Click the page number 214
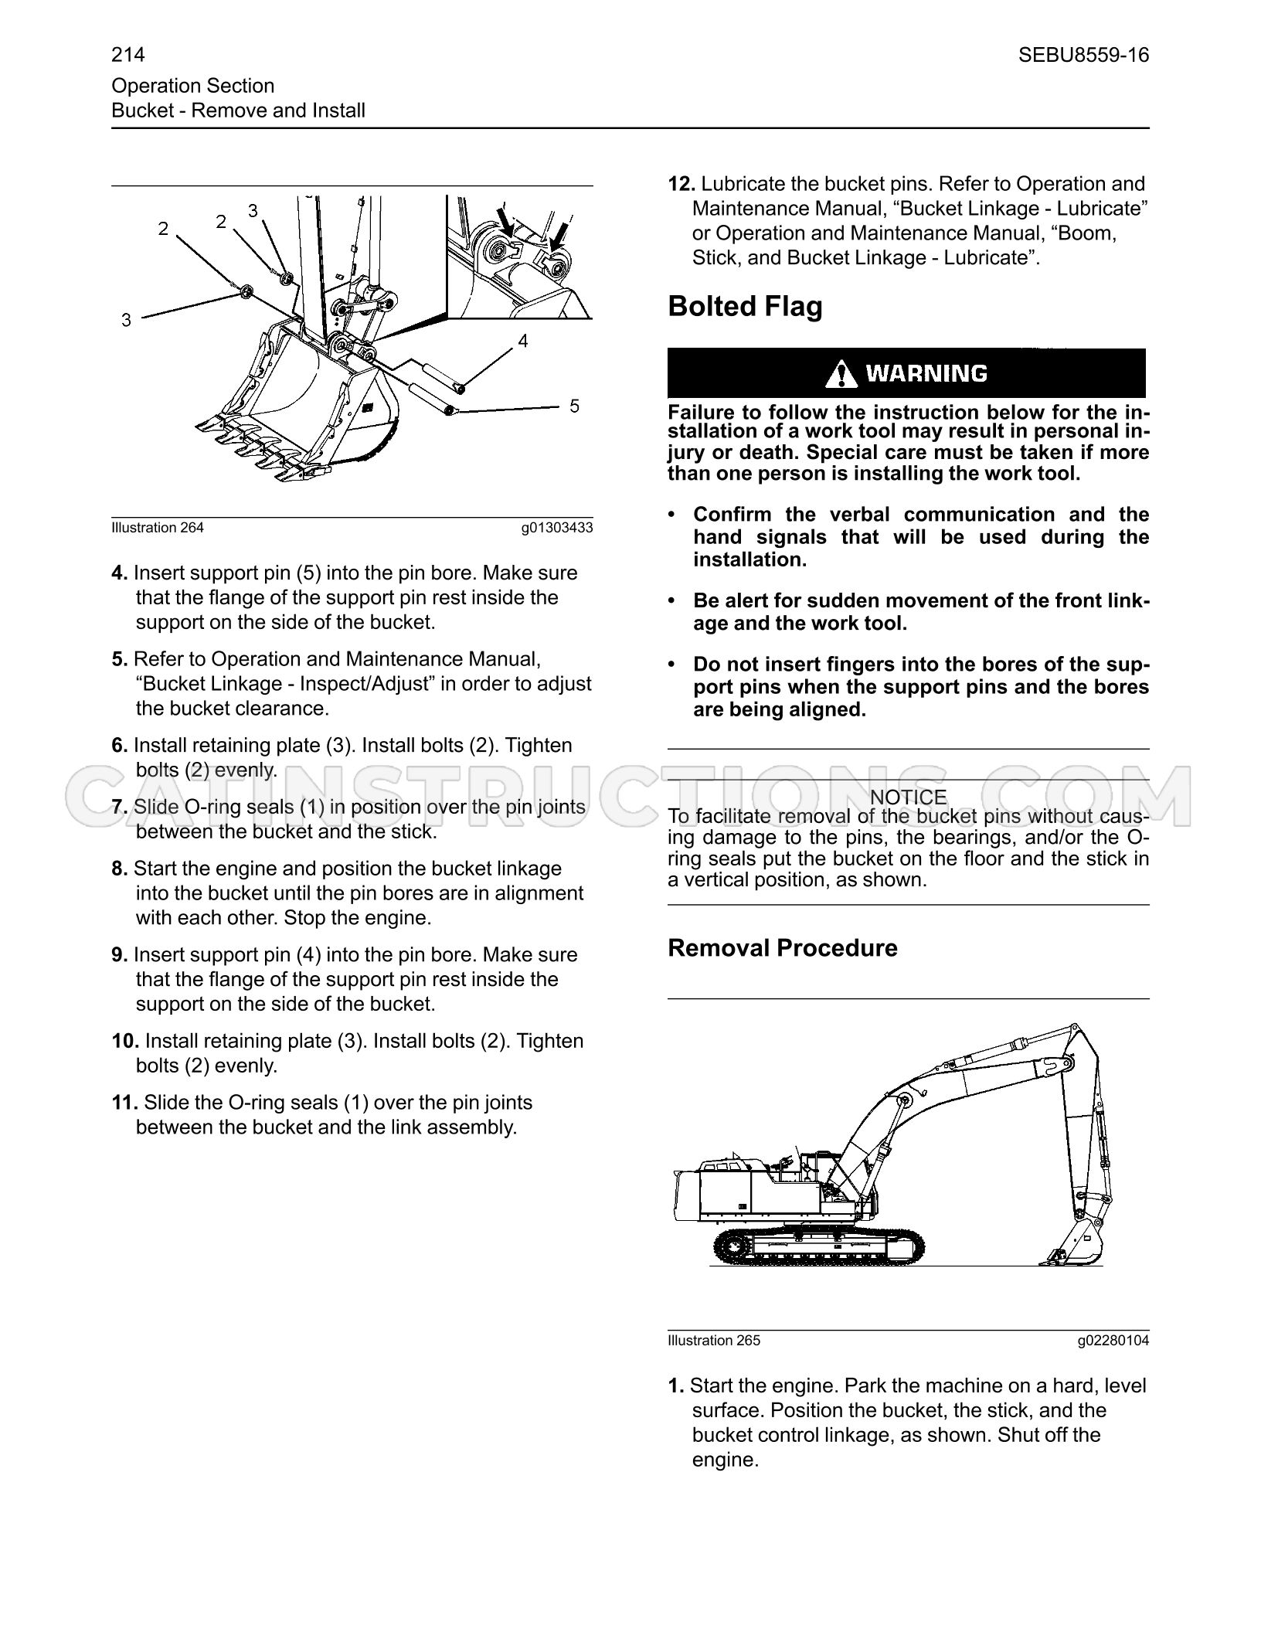(x=128, y=55)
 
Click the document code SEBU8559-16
(x=1083, y=55)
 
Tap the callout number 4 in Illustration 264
(x=523, y=341)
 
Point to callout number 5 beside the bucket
(x=574, y=406)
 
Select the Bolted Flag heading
(x=745, y=307)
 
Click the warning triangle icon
(x=841, y=374)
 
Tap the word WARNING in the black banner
(x=926, y=374)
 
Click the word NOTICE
(x=908, y=797)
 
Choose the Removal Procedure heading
(x=783, y=948)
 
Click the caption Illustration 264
(x=158, y=528)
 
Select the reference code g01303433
(x=556, y=528)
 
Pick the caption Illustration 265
(x=714, y=1341)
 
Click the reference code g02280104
(x=1113, y=1341)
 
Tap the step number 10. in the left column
(x=125, y=1041)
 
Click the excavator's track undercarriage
(x=817, y=1246)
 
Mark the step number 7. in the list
(x=120, y=807)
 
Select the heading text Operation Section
(x=193, y=86)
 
